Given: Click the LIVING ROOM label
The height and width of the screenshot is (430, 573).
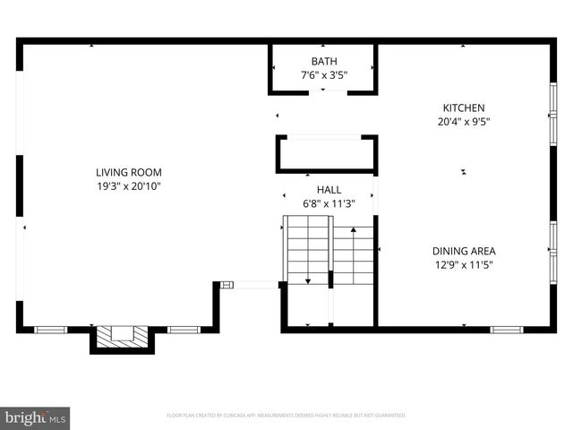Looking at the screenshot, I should click(x=129, y=172).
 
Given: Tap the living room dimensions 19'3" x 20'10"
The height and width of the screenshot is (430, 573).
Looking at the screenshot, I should click(x=129, y=185).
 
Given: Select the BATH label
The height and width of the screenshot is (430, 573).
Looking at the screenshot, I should click(x=323, y=62).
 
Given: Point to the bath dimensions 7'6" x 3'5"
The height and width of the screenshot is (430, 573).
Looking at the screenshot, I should click(x=323, y=75).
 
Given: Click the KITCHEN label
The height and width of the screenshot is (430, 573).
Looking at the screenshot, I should click(x=463, y=107).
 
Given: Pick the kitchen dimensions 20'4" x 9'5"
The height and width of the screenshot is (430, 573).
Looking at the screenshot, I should click(x=463, y=122).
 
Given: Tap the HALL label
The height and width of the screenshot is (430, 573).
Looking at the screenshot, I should click(x=329, y=190).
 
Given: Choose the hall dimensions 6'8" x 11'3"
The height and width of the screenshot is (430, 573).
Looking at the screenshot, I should click(x=329, y=203).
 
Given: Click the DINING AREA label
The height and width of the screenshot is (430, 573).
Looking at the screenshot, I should click(x=464, y=251).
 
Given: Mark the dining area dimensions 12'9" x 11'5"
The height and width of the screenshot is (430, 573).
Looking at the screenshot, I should click(x=464, y=265).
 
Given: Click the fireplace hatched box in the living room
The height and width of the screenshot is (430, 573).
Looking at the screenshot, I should click(x=122, y=335).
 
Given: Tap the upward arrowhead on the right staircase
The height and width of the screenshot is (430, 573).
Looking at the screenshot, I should click(x=355, y=230).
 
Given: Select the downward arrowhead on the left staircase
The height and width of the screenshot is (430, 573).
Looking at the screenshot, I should click(x=308, y=281).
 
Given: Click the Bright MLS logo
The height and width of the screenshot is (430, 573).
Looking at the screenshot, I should click(x=36, y=417).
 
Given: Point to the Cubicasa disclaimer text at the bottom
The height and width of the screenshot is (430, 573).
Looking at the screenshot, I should click(x=286, y=416).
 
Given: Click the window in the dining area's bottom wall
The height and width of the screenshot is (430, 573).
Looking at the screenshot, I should click(x=506, y=330).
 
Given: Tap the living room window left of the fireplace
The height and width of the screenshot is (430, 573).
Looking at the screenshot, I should click(x=51, y=330).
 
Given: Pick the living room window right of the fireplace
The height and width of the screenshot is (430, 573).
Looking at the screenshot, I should click(x=184, y=330).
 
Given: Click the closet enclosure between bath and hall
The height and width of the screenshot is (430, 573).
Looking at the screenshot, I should click(x=327, y=154).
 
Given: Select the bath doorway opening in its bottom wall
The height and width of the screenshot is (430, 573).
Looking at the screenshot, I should click(x=323, y=91).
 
